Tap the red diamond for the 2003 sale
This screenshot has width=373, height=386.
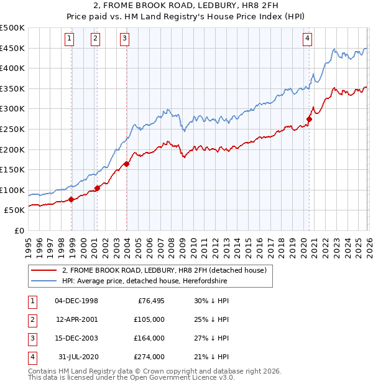(126, 164)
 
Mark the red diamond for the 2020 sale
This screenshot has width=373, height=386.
(309, 120)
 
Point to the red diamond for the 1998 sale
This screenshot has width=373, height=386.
(71, 199)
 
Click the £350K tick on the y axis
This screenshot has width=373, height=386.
(12, 89)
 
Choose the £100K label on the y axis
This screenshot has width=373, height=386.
(12, 190)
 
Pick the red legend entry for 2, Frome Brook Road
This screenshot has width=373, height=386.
(164, 270)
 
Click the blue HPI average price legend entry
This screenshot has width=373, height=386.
(145, 281)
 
